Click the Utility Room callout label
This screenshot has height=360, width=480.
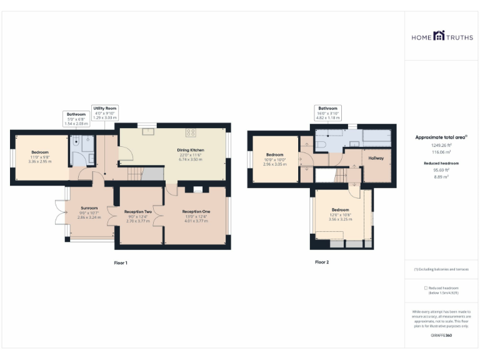pos(104,112)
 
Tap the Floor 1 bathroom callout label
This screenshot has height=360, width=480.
pos(76,119)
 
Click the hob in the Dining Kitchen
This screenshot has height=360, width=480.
pos(191,132)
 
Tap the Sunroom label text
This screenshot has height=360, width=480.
pos(89,207)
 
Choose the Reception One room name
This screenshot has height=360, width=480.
pos(196,212)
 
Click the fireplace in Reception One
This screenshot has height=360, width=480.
pos(198,189)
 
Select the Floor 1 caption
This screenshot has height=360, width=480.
pos(121,262)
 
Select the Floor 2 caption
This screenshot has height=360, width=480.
pos(321,262)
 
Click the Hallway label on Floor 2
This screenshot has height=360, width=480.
pos(376,158)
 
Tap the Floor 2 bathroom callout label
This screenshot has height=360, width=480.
pos(327,112)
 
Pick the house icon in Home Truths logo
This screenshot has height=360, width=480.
pos(439,37)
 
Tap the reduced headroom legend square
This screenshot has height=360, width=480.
pos(426,287)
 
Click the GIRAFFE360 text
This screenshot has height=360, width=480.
pos(441,336)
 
